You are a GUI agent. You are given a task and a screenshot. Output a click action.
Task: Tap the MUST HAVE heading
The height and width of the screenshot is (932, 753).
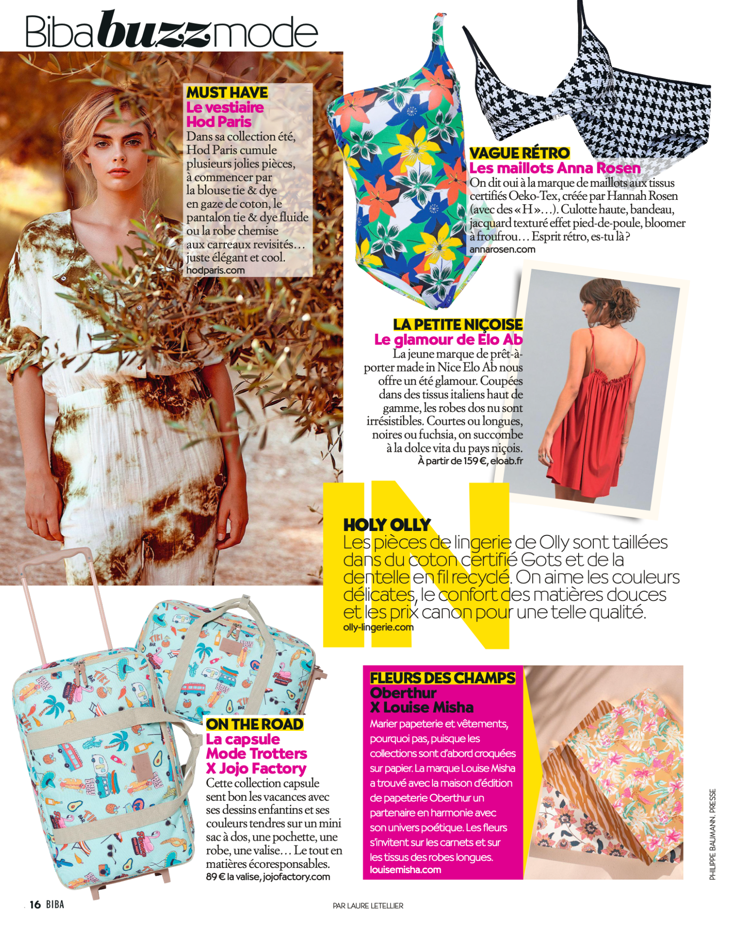click(227, 92)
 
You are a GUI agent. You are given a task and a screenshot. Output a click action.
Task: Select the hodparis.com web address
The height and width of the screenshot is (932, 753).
click(216, 270)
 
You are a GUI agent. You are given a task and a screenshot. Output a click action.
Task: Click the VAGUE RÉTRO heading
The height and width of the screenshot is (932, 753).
click(519, 153)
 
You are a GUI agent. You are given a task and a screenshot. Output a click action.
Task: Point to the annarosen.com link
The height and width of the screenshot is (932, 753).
click(502, 249)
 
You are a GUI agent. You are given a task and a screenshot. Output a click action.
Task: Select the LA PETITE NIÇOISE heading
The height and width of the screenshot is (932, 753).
click(458, 324)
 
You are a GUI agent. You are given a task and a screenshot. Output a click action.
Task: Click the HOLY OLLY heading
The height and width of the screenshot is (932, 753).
click(387, 525)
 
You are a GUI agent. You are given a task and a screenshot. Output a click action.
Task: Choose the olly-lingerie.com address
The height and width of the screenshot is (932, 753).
click(378, 627)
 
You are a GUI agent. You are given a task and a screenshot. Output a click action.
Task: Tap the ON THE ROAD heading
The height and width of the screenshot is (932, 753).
click(254, 724)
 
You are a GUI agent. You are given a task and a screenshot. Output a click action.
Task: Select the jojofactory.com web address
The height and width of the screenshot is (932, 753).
click(296, 877)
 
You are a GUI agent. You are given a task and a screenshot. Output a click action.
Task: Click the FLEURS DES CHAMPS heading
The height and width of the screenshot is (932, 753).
click(442, 678)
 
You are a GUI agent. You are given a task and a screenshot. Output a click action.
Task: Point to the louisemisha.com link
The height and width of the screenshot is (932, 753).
click(405, 870)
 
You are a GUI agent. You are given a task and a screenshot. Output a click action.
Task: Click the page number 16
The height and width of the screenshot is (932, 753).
click(35, 904)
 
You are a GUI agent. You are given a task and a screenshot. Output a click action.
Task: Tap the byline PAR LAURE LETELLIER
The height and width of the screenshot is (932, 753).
click(368, 906)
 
